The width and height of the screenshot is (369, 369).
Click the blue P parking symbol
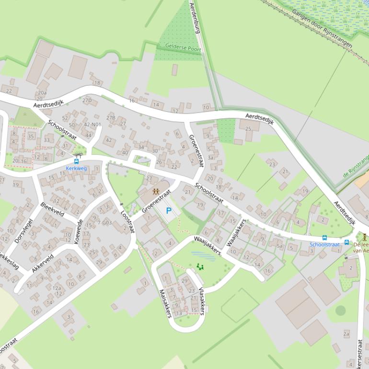click(x=168, y=210)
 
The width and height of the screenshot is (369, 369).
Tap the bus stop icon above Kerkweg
click(x=77, y=161)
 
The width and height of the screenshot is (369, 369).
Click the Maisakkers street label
click(x=165, y=303)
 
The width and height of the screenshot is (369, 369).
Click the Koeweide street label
click(x=79, y=232)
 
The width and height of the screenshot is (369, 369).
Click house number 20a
click(x=42, y=92)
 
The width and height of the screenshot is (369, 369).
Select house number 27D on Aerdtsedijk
click(x=86, y=100)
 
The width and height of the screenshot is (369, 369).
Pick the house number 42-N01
click(x=92, y=125)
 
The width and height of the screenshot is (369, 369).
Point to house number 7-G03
click(x=104, y=222)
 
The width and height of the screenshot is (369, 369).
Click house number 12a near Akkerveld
click(x=57, y=288)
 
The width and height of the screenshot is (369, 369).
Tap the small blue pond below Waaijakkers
click(x=203, y=256)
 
